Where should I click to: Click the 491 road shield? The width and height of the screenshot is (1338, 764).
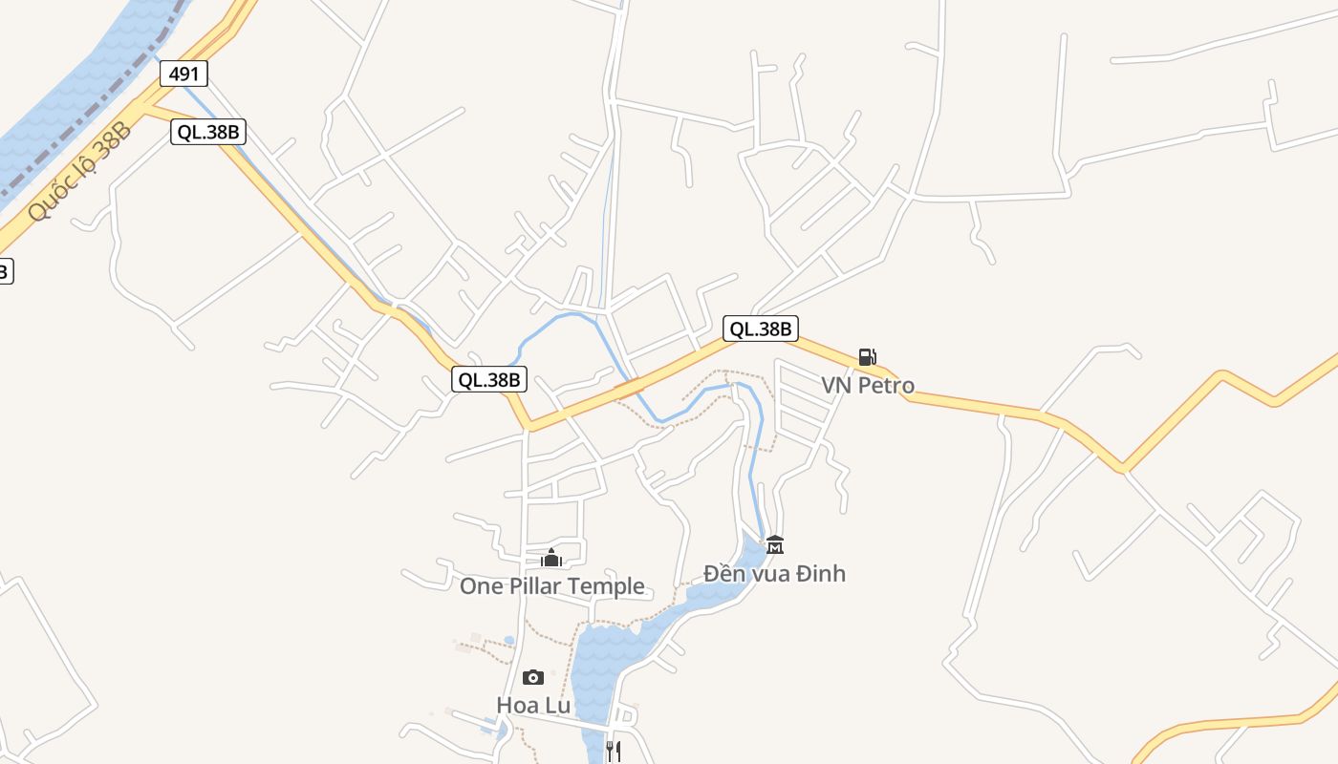183,74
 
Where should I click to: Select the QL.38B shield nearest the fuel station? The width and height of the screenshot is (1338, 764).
760,329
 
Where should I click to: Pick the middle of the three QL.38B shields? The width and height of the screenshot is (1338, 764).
489,379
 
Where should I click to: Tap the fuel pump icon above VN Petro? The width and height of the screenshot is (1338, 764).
867,358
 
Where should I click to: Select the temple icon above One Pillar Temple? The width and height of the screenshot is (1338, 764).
551,558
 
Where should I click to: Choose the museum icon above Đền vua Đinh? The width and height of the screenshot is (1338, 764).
774,545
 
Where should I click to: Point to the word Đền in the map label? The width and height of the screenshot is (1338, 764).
723,574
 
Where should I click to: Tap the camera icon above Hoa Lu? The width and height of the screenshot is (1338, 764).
533,678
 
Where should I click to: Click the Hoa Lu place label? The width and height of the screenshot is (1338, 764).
533,706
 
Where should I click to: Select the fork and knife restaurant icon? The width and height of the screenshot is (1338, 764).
614,751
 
